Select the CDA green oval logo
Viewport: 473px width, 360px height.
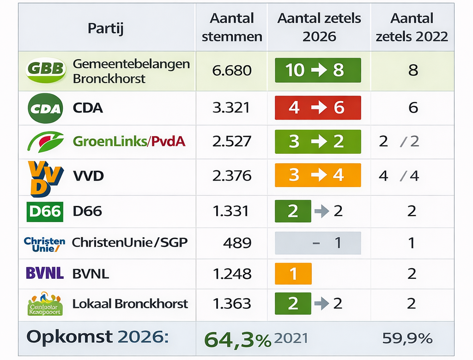45,108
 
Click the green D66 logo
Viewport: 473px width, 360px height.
45,211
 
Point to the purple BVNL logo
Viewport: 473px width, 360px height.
45,273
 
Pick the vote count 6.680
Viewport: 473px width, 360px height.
232,70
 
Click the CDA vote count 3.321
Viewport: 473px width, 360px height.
231,108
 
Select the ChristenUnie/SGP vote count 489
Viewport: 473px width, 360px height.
237,243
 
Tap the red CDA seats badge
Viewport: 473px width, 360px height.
318,108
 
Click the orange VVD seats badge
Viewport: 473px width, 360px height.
318,175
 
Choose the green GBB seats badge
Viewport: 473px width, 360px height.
318,70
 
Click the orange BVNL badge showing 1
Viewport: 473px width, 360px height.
293,274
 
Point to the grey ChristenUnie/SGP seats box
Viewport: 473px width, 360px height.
318,243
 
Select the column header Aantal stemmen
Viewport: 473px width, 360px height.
232,27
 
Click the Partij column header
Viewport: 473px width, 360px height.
106,29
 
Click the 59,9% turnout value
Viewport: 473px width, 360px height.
407,338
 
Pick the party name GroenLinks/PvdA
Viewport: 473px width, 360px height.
129,141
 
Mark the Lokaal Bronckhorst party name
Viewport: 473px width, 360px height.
130,304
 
